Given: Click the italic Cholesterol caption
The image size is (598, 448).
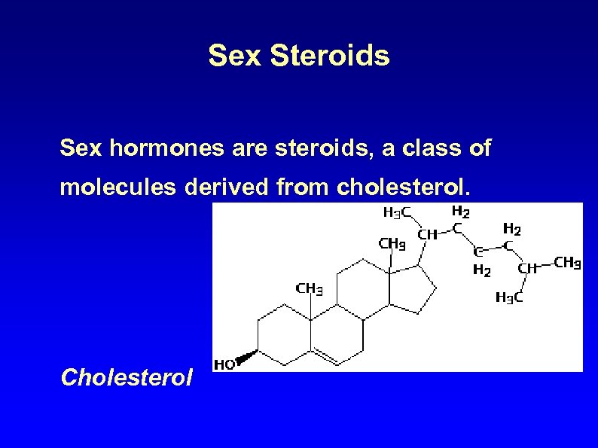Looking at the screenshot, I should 127,376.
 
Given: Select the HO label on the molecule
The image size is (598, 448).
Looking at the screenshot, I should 224,364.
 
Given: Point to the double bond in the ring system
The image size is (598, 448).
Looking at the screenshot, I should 325,355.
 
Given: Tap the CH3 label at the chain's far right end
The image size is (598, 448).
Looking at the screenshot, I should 566,264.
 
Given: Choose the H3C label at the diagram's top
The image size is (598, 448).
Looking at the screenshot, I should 397,212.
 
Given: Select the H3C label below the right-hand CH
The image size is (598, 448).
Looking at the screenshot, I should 509,297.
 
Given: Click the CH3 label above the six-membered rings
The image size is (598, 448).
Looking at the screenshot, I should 310,288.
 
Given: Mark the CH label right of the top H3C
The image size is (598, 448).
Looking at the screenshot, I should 427,234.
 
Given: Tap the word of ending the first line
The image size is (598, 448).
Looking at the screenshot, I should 479,148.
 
